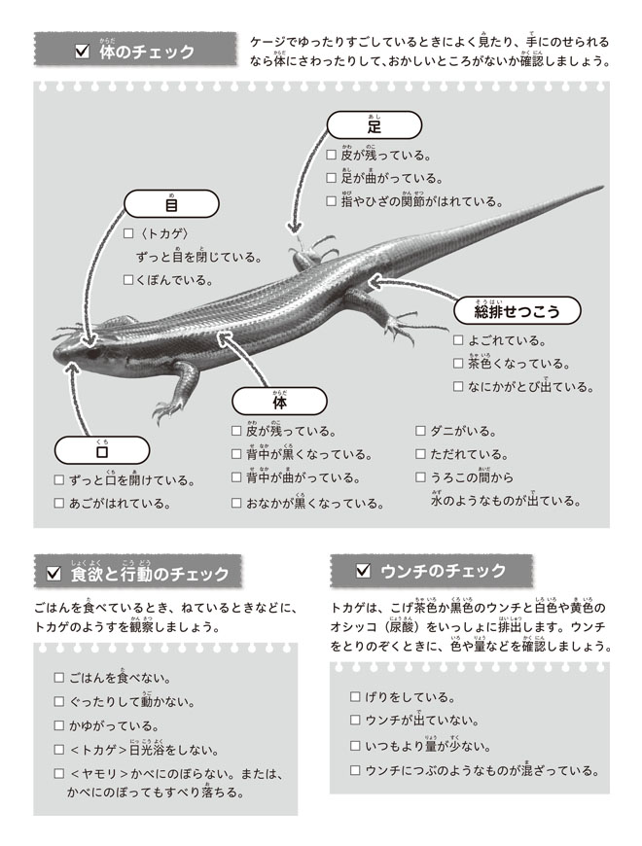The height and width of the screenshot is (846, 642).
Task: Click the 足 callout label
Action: tap(374, 125)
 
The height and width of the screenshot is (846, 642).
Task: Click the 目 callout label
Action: tap(170, 205)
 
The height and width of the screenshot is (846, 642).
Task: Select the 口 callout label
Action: tap(101, 450)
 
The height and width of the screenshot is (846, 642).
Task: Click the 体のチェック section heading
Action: tap(135, 51)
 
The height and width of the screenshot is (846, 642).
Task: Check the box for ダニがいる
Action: tap(421, 431)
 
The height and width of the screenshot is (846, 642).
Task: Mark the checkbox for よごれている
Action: tap(458, 341)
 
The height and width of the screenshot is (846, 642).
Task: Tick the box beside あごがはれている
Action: tap(59, 504)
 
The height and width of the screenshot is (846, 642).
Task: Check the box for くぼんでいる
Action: tap(127, 280)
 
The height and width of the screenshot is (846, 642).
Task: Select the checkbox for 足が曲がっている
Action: tap(332, 179)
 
